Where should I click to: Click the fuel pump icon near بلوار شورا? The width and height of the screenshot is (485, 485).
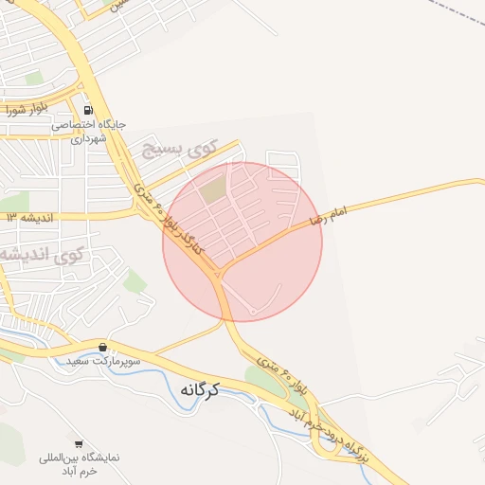[x=88, y=108]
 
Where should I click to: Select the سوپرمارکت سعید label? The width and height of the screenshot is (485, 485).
[x=103, y=362]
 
